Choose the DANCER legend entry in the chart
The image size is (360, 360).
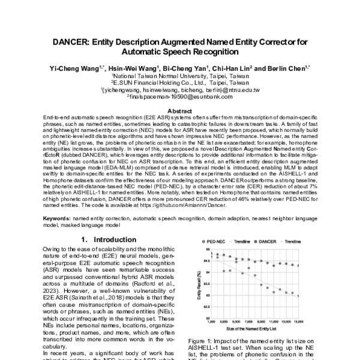click(268, 241)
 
